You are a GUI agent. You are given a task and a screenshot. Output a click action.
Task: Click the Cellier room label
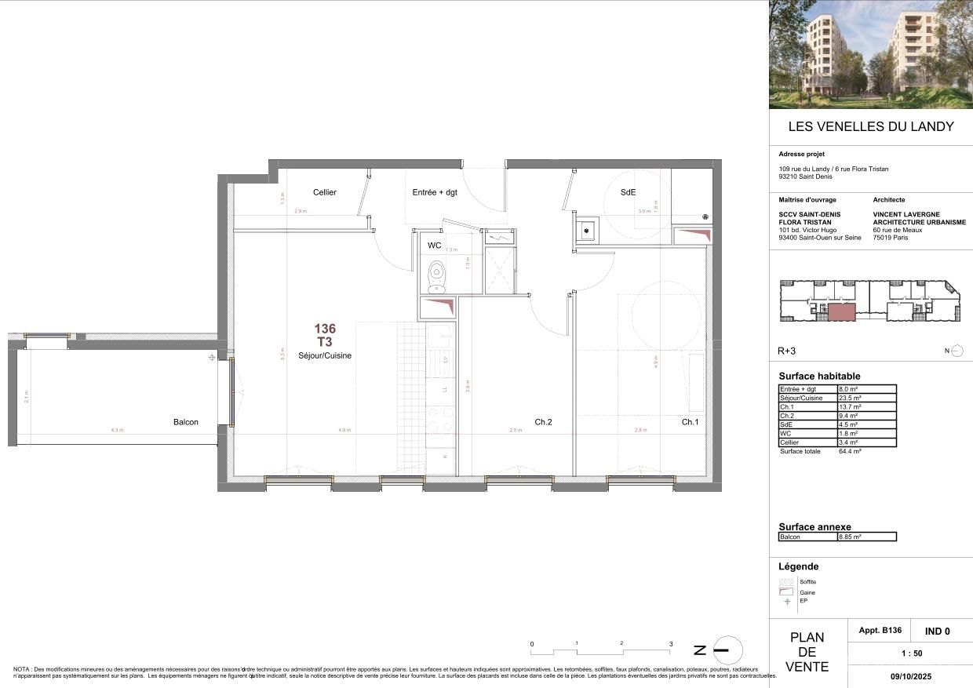(x=324, y=192)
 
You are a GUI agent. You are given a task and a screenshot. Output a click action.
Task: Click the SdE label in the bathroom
(x=628, y=192)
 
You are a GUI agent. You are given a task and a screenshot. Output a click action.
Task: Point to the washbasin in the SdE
(x=585, y=231)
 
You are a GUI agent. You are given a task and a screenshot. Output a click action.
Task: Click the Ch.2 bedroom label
(x=543, y=422)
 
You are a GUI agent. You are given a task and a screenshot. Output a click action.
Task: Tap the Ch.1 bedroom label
(x=690, y=422)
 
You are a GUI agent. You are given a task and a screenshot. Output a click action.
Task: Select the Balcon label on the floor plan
(x=186, y=422)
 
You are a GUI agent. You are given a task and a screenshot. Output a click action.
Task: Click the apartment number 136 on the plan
(x=325, y=329)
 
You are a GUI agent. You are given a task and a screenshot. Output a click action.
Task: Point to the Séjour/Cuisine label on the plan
(x=325, y=355)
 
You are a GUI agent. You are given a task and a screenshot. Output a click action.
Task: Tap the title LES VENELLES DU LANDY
(x=870, y=126)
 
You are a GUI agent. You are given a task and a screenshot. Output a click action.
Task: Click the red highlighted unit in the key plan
(x=840, y=312)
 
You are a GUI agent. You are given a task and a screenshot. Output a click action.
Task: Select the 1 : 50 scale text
(x=910, y=653)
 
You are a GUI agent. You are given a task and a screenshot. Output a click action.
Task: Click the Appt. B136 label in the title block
(x=880, y=631)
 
